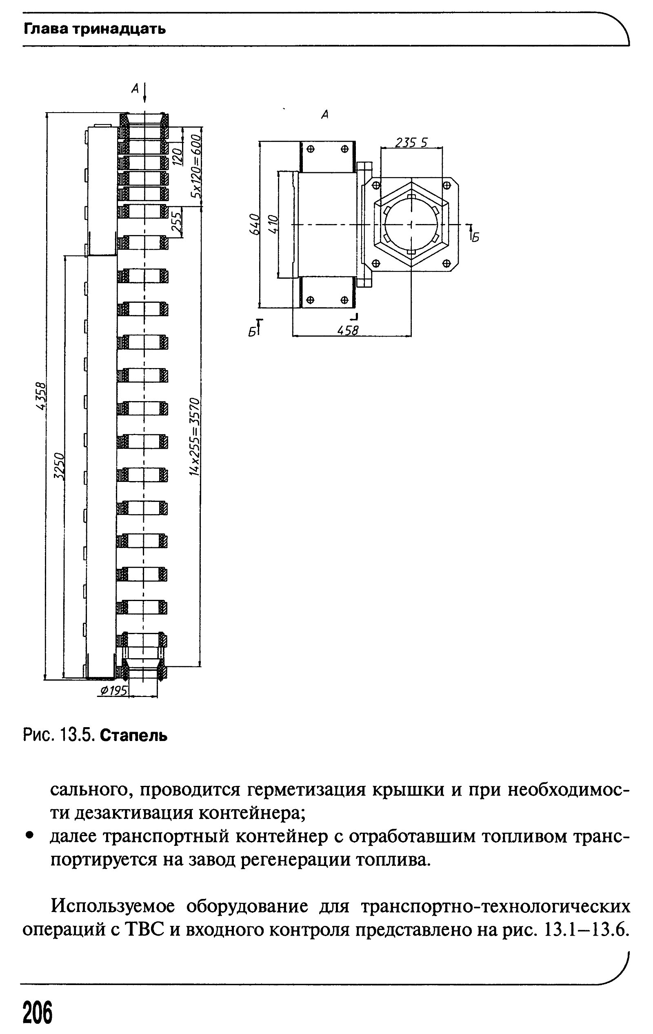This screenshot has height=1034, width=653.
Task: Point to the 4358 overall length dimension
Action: point(40,396)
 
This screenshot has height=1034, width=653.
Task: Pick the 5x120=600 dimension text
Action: point(196,165)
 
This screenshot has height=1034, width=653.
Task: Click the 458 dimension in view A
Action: point(348,330)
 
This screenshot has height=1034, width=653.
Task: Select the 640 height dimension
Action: point(254,224)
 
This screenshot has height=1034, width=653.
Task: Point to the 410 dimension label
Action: point(273,224)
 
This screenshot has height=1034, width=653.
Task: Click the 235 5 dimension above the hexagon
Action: point(411,142)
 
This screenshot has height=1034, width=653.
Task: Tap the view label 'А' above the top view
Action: point(325,115)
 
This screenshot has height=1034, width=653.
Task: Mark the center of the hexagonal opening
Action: point(411,224)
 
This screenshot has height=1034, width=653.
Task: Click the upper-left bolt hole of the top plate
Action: point(311,149)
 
